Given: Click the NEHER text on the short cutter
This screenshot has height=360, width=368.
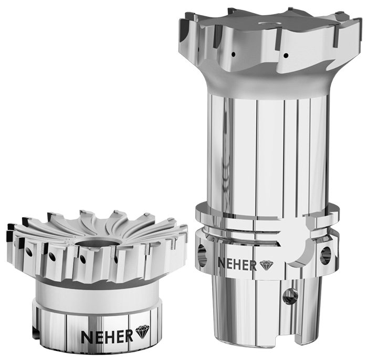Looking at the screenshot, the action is [107, 336].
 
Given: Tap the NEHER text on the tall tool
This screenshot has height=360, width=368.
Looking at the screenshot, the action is [237, 264].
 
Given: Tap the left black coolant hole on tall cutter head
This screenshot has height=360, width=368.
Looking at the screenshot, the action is [233, 54].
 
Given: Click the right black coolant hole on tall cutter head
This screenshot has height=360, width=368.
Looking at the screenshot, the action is [286, 56].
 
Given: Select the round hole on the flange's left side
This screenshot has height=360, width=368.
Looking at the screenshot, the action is [202, 254].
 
